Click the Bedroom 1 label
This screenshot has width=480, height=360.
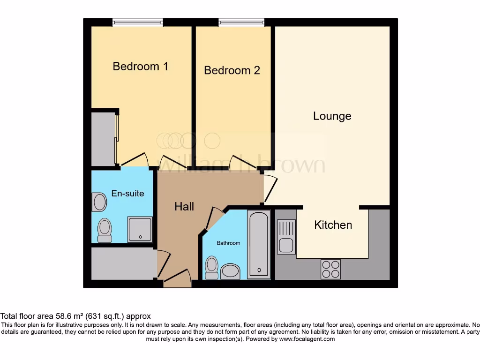tap(140, 67)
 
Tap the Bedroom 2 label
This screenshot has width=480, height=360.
tap(232, 70)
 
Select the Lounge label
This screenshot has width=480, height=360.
tap(332, 116)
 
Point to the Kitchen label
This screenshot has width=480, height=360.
tap(333, 225)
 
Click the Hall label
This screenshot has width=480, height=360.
tap(184, 206)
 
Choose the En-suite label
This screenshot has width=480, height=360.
tap(127, 193)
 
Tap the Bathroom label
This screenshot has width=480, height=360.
tap(228, 243)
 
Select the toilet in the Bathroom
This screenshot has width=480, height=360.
tap(211, 268)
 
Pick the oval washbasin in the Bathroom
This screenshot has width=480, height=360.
tap(230, 271)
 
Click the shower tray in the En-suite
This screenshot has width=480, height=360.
tap(140, 229)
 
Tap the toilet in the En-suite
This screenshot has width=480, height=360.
tap(104, 230)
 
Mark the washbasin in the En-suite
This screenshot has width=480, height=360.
tap(100, 202)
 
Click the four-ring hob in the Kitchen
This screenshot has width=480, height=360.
tap(330, 269)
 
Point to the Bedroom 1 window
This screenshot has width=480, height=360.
tap(137, 22)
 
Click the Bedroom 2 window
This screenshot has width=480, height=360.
tap(241, 22)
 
